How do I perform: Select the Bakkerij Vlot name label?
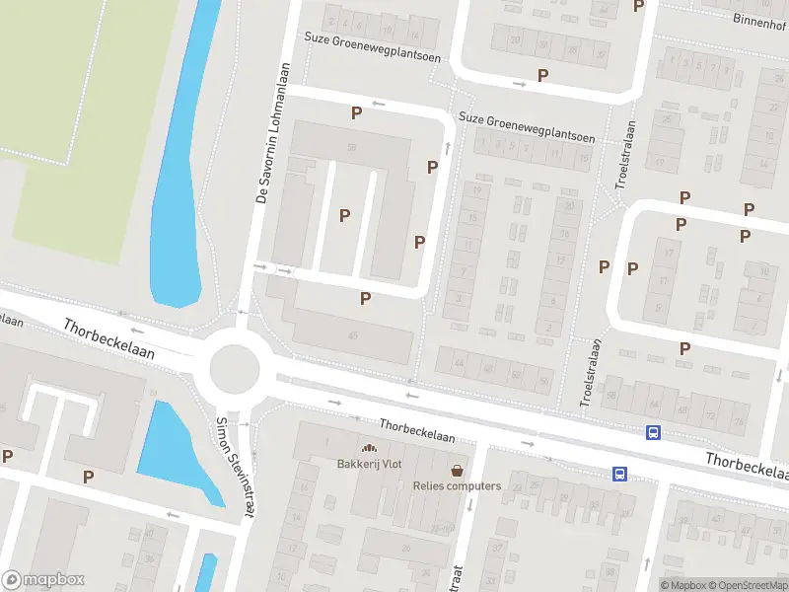coord(370,465)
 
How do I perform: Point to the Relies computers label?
coord(457,485)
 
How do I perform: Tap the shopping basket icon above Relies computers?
coord(457,470)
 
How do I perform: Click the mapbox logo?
coord(43,580)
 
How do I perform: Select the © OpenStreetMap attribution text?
coord(747,585)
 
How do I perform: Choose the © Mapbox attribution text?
coord(681,585)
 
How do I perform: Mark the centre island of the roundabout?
coord(234,369)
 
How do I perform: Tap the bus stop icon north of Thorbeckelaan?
coord(653,432)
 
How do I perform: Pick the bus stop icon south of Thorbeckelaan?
coord(619,474)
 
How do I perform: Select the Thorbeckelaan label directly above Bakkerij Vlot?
coord(417,431)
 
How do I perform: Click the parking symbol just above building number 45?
coord(365,298)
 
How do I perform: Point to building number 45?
coord(352,335)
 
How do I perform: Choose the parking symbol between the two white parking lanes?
coord(344,215)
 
